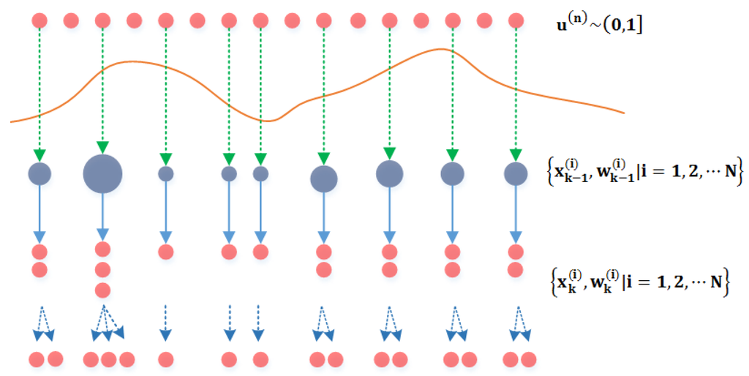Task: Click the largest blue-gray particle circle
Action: pos(102,174)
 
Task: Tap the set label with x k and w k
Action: pos(639,280)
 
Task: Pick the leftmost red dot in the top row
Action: pos(39,20)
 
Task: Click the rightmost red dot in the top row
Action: pos(516,20)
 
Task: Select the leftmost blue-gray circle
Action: pos(39,174)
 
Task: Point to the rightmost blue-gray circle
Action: pos(516,174)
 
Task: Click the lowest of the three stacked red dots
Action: pos(102,290)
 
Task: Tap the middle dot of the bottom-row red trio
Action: pos(109,360)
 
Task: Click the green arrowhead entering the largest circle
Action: pos(102,146)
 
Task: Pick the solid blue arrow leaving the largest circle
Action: pos(102,217)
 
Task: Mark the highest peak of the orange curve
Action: pos(442,49)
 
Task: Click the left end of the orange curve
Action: pos(12,121)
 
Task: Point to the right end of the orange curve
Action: pos(622,113)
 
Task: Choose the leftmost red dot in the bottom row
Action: pos(37,360)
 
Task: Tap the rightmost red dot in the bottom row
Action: pos(527,360)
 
